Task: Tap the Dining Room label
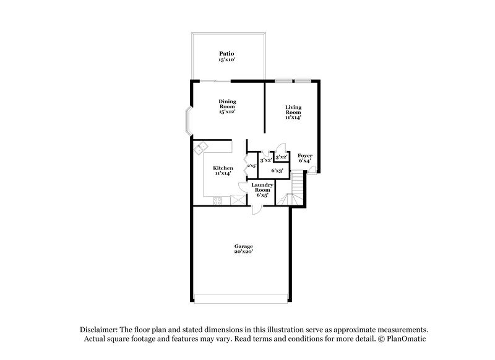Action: point(227,104)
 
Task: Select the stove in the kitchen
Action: point(217,199)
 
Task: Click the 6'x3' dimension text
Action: point(277,170)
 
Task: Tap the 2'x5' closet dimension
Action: point(252,166)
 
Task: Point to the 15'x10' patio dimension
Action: point(227,59)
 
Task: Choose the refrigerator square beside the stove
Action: point(236,199)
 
